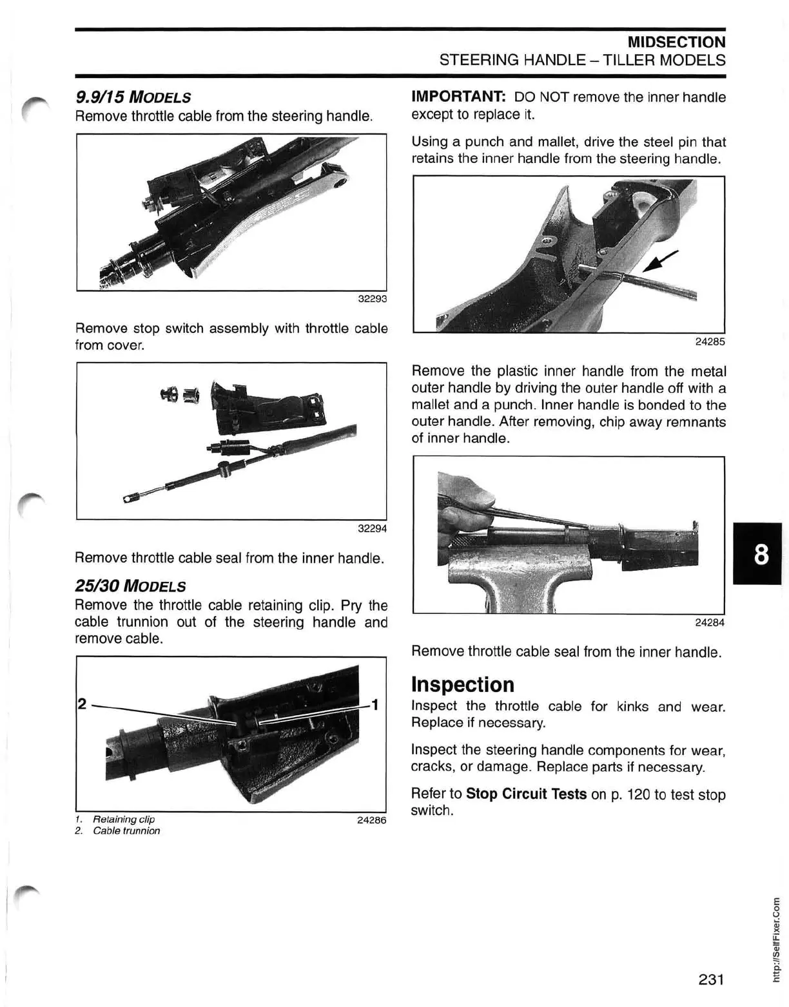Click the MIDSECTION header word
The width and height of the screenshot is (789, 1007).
pos(676,43)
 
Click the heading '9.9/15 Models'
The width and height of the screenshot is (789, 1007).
pos(133,98)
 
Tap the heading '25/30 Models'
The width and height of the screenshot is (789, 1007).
pos(130,586)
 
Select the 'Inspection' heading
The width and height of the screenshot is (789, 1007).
pos(463,684)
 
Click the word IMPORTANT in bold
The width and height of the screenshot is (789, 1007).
pos(458,97)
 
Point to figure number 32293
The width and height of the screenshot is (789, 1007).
pos(372,299)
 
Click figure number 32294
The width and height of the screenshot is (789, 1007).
pos(372,529)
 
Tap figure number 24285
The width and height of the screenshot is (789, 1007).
pos(710,342)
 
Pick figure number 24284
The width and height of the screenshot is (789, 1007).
pos(710,623)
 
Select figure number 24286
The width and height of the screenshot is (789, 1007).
pos(371,821)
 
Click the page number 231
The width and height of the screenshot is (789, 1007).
pos(711,980)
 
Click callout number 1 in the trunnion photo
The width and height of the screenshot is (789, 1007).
pos(374,704)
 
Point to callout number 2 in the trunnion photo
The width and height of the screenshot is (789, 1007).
pos(82,704)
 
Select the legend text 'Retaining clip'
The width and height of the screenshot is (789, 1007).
pos(124,820)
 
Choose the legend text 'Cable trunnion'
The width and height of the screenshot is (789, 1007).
pos(126,831)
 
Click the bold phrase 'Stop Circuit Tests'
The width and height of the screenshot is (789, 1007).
pos(526,794)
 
